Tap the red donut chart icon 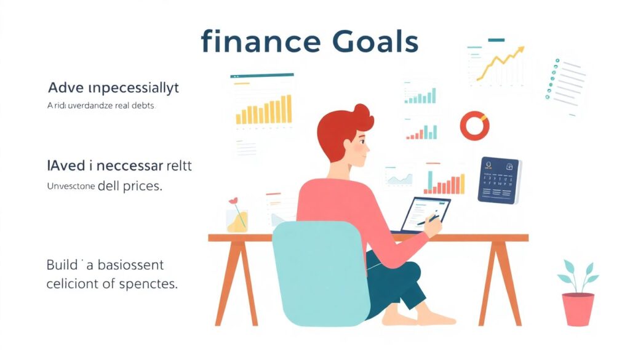click(x=474, y=125)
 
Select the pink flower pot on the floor click(x=578, y=308)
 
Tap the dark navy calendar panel click(x=500, y=180)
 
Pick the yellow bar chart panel click(x=263, y=107)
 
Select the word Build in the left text click(x=63, y=266)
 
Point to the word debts click(x=142, y=106)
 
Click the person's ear click(x=351, y=143)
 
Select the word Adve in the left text click(x=63, y=88)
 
